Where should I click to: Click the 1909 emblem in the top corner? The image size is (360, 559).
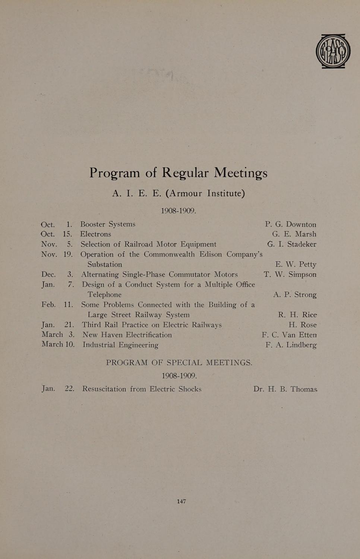pos(333,51)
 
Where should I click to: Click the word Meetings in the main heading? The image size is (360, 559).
pos(241,173)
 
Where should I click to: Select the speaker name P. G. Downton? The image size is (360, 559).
pos(290,224)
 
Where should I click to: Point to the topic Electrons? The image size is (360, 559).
pos(96,234)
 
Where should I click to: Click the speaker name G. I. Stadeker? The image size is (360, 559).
pos(291,244)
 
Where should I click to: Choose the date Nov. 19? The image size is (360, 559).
pos(57,255)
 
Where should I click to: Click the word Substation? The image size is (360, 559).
pos(105,265)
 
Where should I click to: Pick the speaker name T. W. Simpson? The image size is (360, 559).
pos(290,275)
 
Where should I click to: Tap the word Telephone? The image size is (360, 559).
pos(104,295)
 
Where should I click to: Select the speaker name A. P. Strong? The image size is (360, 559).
pos(294,295)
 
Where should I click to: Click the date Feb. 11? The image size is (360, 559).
pos(57,304)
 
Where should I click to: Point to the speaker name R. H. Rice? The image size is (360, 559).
pos(297,315)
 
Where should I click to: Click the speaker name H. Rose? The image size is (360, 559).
pos(302,325)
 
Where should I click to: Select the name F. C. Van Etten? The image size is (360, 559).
pos(289,335)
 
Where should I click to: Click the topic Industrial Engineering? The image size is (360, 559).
pos(120,345)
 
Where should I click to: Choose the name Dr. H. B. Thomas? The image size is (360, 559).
pos(285,389)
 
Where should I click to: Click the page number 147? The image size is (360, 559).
pos(181,502)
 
